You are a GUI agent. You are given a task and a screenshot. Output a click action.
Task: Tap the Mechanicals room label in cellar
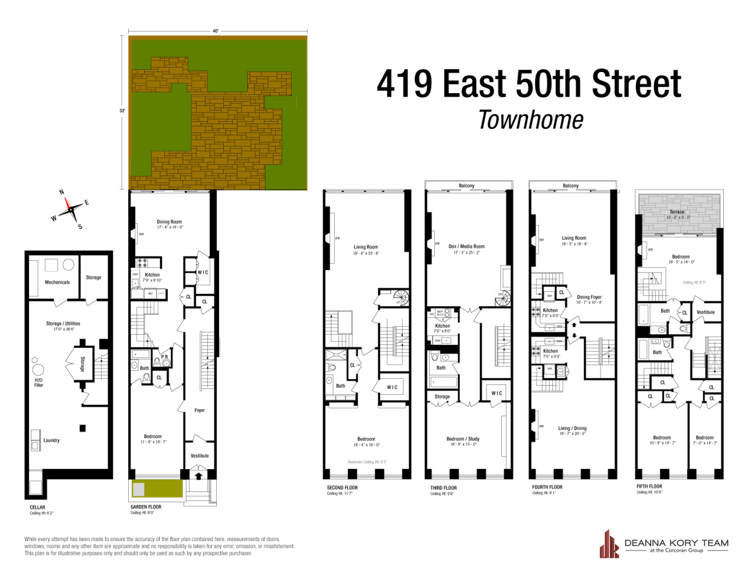pyautogui.click(x=57, y=282)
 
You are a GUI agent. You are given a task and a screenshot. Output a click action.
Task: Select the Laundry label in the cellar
pyautogui.click(x=51, y=440)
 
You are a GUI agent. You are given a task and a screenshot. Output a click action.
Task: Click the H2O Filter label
pyautogui.click(x=38, y=383)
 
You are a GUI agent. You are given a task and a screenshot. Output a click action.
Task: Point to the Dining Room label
pyautogui.click(x=169, y=222)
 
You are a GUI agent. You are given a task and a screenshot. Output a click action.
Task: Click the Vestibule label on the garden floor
pyautogui.click(x=200, y=456)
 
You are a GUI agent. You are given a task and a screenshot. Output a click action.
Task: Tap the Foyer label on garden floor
pyautogui.click(x=199, y=410)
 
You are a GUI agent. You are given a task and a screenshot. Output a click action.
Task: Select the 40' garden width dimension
pyautogui.click(x=216, y=31)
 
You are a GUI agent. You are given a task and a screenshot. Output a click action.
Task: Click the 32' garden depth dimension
pyautogui.click(x=122, y=110)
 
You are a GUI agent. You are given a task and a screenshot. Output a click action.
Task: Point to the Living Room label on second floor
pyautogui.click(x=366, y=247)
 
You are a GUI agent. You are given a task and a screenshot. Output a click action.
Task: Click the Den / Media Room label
pyautogui.click(x=466, y=247)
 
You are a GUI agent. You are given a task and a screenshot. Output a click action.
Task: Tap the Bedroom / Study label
pyautogui.click(x=463, y=439)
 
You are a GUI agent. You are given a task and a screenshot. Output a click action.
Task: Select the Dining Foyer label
pyautogui.click(x=589, y=297)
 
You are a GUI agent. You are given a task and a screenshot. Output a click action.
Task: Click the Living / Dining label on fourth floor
pyautogui.click(x=572, y=428)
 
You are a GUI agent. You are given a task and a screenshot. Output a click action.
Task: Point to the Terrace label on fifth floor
pyautogui.click(x=677, y=212)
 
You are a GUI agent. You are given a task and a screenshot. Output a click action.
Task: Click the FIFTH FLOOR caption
pyautogui.click(x=649, y=487)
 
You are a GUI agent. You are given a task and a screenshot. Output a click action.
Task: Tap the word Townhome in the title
pyautogui.click(x=530, y=120)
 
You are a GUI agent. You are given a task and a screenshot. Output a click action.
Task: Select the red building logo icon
pyautogui.click(x=609, y=545)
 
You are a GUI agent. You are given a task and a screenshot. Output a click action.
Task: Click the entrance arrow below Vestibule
pyautogui.click(x=199, y=475)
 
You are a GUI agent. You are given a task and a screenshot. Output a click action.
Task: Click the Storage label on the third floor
pyautogui.click(x=442, y=396)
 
